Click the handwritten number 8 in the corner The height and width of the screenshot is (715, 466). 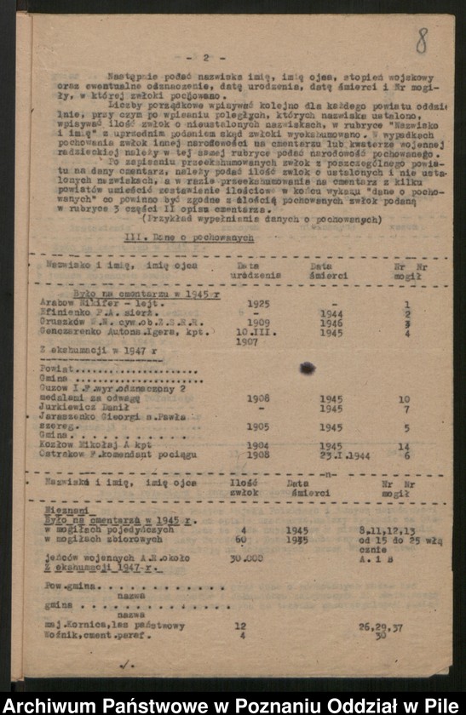click(422, 40)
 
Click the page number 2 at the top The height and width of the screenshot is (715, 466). click(206, 58)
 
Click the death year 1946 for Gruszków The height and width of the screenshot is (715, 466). click(331, 323)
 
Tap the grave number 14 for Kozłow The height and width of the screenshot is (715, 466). click(404, 446)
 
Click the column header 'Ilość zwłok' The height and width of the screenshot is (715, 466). click(245, 487)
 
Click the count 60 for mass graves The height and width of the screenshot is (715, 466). click(241, 539)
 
